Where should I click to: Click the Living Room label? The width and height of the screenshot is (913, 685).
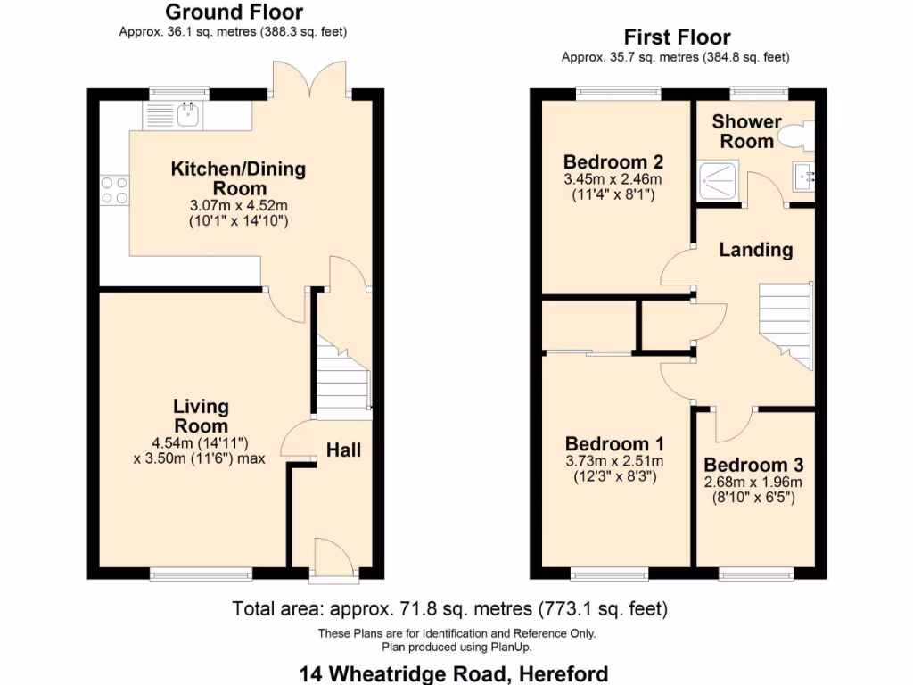[201, 416]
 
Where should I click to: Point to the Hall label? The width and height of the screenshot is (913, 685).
[343, 450]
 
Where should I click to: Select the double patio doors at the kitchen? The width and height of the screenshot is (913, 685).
[309, 78]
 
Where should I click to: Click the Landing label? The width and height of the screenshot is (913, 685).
[756, 250]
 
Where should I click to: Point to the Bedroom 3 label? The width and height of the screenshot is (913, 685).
[753, 465]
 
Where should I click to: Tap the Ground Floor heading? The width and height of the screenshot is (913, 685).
[234, 12]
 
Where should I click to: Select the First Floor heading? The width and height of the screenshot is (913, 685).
[677, 37]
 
